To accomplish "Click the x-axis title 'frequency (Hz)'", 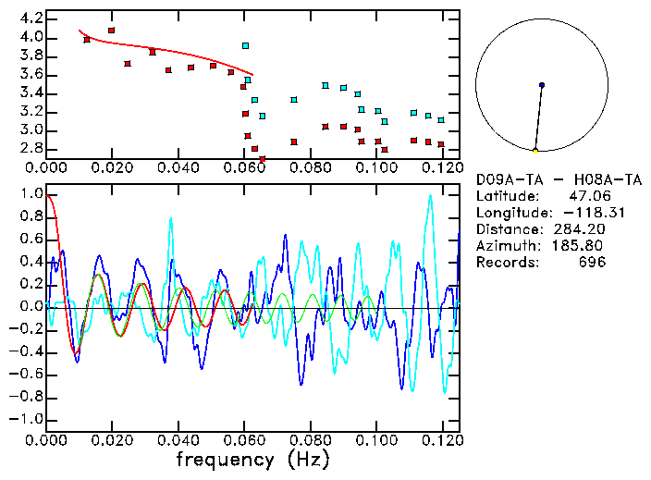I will click(252, 460).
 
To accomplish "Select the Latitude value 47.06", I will click(586, 196).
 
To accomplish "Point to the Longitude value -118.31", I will click(579, 213).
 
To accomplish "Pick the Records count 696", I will click(590, 263).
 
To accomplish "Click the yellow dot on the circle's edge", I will click(535, 150).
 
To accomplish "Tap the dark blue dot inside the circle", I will click(542, 85).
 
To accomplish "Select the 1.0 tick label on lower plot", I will click(31, 195).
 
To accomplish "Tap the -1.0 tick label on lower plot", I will click(28, 419).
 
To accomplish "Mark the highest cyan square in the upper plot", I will click(245, 45).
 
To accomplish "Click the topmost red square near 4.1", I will click(112, 31).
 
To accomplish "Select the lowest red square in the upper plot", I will click(263, 159).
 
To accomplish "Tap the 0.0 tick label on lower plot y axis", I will click(31, 307).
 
